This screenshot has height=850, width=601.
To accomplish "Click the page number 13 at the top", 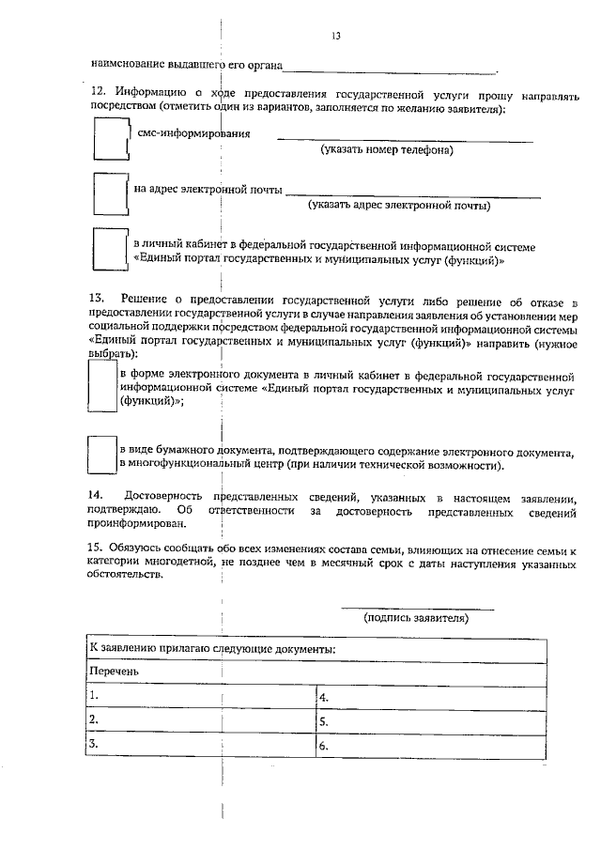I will coord(335,37).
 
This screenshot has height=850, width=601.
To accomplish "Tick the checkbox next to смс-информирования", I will coord(110,143).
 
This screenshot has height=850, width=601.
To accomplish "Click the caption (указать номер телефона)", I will coord(386,149).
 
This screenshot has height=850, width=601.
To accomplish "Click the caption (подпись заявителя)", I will coord(416,618).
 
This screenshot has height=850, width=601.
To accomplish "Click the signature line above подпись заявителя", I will coord(416,609).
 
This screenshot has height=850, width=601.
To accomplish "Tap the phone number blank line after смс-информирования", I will coord(404,140).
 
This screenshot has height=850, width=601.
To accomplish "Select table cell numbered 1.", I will coord(200,696).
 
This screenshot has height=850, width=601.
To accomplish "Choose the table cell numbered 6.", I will coord(429,746).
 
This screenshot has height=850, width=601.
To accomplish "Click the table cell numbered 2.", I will coord(200,720).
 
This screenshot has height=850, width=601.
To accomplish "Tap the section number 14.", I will coord(96,495).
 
